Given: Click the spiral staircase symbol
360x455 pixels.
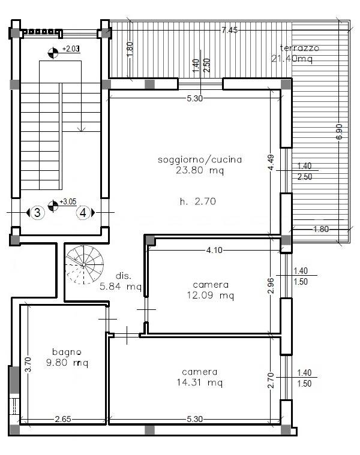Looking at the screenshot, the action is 85,264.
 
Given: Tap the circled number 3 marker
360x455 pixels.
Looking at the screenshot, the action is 37,213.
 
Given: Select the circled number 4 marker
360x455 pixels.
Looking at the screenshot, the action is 83,213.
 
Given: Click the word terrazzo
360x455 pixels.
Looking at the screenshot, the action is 299,48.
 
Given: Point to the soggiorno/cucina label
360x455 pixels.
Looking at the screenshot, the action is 200,160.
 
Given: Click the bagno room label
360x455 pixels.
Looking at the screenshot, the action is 67,352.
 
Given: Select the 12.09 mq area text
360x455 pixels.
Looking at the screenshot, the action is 211,296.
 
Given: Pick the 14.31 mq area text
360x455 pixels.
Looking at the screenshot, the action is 200,382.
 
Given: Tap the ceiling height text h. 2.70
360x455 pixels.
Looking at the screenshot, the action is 198,201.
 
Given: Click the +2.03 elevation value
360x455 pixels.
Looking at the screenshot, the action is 71,49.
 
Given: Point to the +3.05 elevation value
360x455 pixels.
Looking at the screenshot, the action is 68,201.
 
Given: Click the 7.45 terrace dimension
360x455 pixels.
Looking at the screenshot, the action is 230,30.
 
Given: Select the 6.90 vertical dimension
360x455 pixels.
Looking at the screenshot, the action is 339,131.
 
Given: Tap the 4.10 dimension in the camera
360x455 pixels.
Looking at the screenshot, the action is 214,250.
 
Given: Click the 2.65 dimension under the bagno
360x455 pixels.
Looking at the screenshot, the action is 63,419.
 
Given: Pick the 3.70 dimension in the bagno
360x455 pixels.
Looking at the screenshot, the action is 28,364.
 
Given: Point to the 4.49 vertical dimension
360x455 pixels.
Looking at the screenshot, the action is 271,162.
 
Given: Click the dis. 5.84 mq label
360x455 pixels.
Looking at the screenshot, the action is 121,281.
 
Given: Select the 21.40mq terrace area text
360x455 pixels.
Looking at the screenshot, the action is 292,59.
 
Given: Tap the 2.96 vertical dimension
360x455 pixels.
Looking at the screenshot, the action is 271,286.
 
